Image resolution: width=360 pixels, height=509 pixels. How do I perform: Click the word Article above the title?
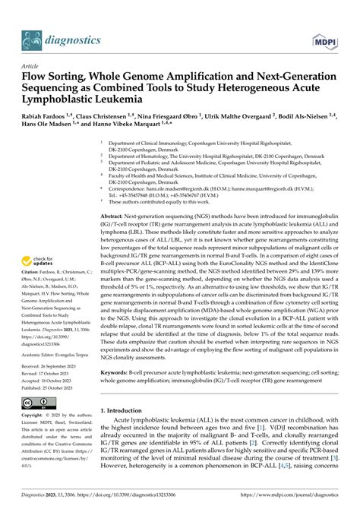coord(32,65)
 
